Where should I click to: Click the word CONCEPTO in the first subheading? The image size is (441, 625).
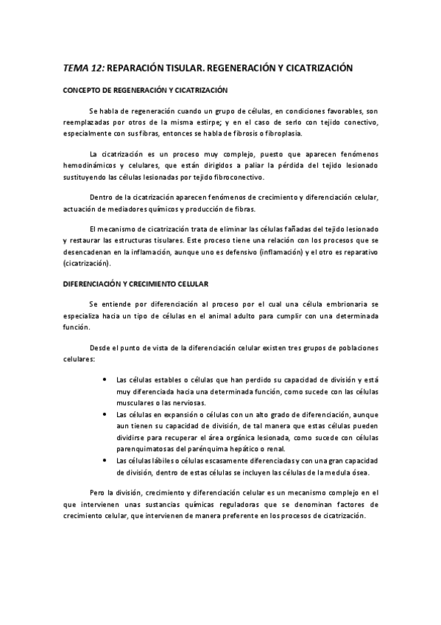[80, 90]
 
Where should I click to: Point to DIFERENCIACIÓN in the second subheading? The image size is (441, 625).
[93, 283]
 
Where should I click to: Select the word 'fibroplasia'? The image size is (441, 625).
[267, 133]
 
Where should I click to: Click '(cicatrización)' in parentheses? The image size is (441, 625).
[88, 262]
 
